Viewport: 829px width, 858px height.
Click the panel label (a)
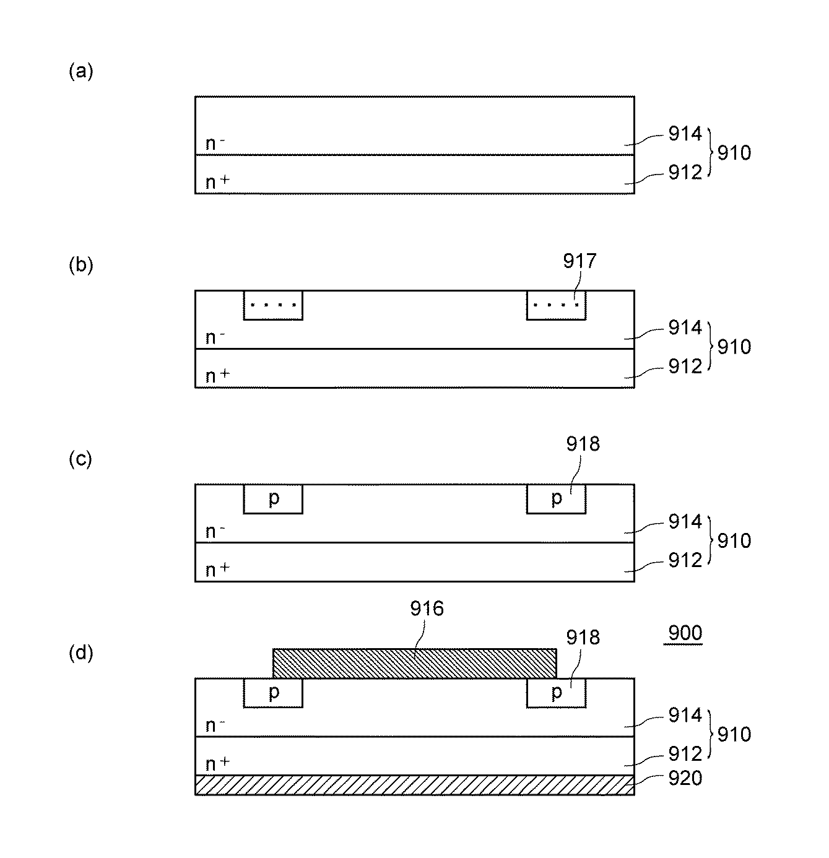tap(80, 72)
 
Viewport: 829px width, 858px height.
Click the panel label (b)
tap(80, 266)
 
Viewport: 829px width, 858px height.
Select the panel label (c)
tap(80, 459)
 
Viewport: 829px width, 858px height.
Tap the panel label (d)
tap(80, 653)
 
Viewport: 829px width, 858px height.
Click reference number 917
tap(579, 261)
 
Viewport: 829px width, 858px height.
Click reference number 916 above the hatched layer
tap(427, 609)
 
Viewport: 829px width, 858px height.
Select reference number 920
tap(685, 778)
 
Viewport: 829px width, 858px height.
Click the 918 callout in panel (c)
tap(583, 444)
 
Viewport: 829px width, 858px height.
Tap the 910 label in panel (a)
tap(734, 152)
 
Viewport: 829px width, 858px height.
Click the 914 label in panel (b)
tap(685, 327)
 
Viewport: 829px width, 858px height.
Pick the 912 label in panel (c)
tap(685, 560)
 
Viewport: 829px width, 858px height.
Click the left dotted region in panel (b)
tap(273, 305)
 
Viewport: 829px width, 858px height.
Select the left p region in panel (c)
tap(273, 499)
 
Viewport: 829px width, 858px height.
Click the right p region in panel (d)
tap(556, 693)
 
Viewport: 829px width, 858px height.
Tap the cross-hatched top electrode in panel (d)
tap(414, 664)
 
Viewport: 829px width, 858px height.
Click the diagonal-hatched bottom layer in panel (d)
tap(414, 785)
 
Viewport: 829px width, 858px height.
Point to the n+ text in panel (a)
tap(217, 182)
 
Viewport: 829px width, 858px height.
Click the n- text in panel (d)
tap(215, 725)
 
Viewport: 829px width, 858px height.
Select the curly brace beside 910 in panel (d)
tap(711, 734)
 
